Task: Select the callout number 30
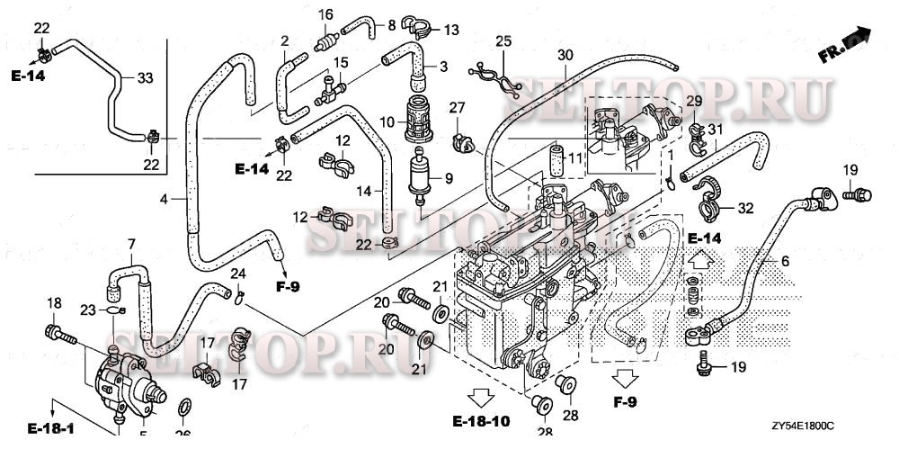[x=564, y=55]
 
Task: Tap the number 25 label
[x=503, y=41]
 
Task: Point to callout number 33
[x=145, y=78]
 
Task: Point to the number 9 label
[x=447, y=177]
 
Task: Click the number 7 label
[x=131, y=243]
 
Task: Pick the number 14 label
[x=365, y=190]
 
